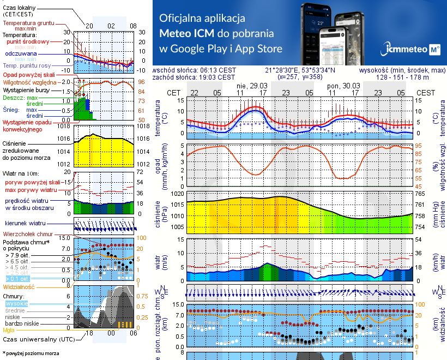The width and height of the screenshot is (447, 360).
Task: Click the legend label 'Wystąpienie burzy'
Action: click(27, 89)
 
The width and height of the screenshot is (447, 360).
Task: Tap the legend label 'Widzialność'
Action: click(19, 286)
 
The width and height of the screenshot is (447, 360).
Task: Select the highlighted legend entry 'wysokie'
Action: click(16, 303)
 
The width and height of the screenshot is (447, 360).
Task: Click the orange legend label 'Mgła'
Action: click(9, 330)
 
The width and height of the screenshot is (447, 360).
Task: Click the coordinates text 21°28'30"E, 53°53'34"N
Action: click(300, 70)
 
